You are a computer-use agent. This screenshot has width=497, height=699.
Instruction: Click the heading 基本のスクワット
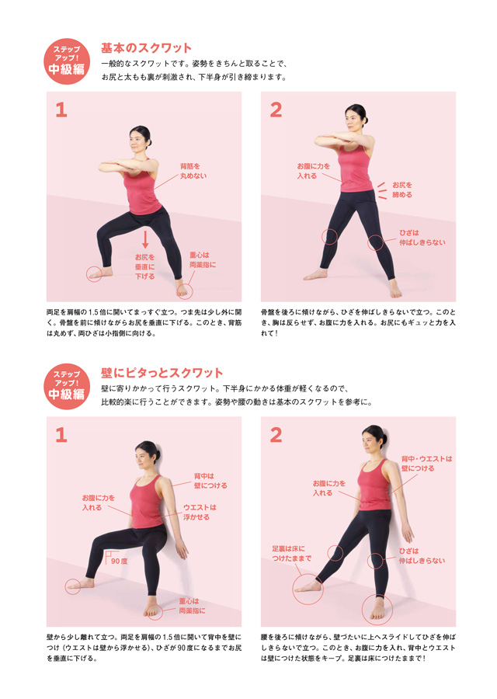(x=146, y=47)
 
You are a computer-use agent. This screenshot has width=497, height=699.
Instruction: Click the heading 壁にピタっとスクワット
(x=162, y=373)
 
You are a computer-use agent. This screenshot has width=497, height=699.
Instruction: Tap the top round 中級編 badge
(x=67, y=61)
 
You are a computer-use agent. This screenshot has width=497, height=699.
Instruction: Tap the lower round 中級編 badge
(x=67, y=386)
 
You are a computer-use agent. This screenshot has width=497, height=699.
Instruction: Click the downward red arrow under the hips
(x=145, y=239)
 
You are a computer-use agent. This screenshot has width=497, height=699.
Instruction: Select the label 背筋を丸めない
(x=193, y=171)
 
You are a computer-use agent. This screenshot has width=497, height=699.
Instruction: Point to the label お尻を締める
(x=402, y=190)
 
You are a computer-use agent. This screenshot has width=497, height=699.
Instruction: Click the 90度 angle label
(x=119, y=561)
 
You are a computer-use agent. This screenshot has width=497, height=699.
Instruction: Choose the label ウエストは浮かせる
(x=200, y=513)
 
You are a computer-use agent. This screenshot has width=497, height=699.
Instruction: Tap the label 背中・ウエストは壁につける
(x=426, y=464)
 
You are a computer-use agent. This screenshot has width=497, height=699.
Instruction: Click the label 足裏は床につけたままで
(x=291, y=554)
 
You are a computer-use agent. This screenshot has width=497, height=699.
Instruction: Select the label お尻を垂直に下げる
(x=145, y=266)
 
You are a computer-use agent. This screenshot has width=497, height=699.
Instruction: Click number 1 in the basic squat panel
(x=61, y=110)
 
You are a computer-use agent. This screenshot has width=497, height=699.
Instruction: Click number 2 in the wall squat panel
(x=276, y=435)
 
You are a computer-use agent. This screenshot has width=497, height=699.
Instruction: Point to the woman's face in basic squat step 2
(x=353, y=120)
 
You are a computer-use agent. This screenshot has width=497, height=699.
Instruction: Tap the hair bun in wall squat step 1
(x=157, y=456)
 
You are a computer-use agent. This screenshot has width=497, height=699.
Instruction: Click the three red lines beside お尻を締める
(x=381, y=191)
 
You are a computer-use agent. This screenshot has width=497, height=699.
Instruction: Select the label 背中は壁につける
(x=210, y=481)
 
